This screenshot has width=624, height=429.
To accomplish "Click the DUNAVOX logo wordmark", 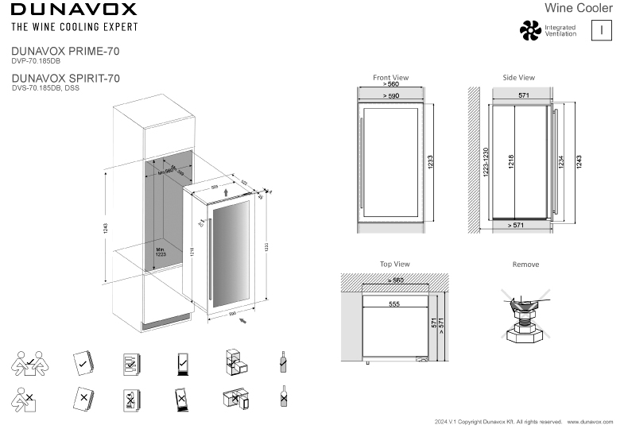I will (x=74, y=10).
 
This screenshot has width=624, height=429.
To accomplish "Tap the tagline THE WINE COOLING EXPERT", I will (x=74, y=27).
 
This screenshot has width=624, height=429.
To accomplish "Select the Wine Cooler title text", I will (x=579, y=8).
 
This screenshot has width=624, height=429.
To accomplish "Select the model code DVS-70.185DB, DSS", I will (x=45, y=88).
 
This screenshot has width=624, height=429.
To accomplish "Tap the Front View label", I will (x=390, y=78).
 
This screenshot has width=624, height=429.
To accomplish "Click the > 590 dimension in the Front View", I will (x=390, y=95).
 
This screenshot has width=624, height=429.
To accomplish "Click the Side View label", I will (x=518, y=78).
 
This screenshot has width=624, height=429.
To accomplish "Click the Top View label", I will (x=394, y=265).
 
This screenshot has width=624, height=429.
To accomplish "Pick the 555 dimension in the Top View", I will (x=394, y=303).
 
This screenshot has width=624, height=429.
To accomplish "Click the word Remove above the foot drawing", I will (x=525, y=265).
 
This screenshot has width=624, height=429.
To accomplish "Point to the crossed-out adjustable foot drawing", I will (x=525, y=316).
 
